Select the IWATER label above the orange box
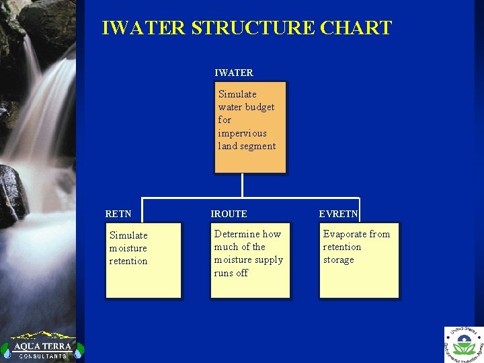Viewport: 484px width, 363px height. pos(234,73)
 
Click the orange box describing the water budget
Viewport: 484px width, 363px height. pos(250,128)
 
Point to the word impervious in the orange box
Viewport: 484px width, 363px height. pos(242,133)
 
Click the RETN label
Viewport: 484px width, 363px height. pos(118,214)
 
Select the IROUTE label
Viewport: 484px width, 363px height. pos(229,214)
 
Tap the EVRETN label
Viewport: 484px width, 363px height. pos(339,214)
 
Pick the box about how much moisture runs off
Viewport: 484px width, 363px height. pos(250,260)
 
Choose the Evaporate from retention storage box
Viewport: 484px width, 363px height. pos(359,260)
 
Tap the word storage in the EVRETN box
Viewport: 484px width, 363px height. pos(338,259)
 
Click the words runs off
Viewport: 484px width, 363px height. pos(231,273)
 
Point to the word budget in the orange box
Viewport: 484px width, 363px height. pos(260,107)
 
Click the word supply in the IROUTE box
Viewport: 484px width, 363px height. pos(267,259)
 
